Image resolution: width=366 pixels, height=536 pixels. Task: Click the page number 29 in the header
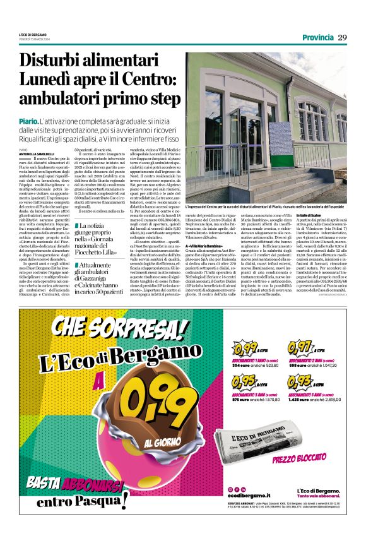342,37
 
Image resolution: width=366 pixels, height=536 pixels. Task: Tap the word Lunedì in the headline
47,80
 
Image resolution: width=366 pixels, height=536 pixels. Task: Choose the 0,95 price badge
243,381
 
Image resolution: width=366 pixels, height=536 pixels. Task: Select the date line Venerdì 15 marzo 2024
33,40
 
